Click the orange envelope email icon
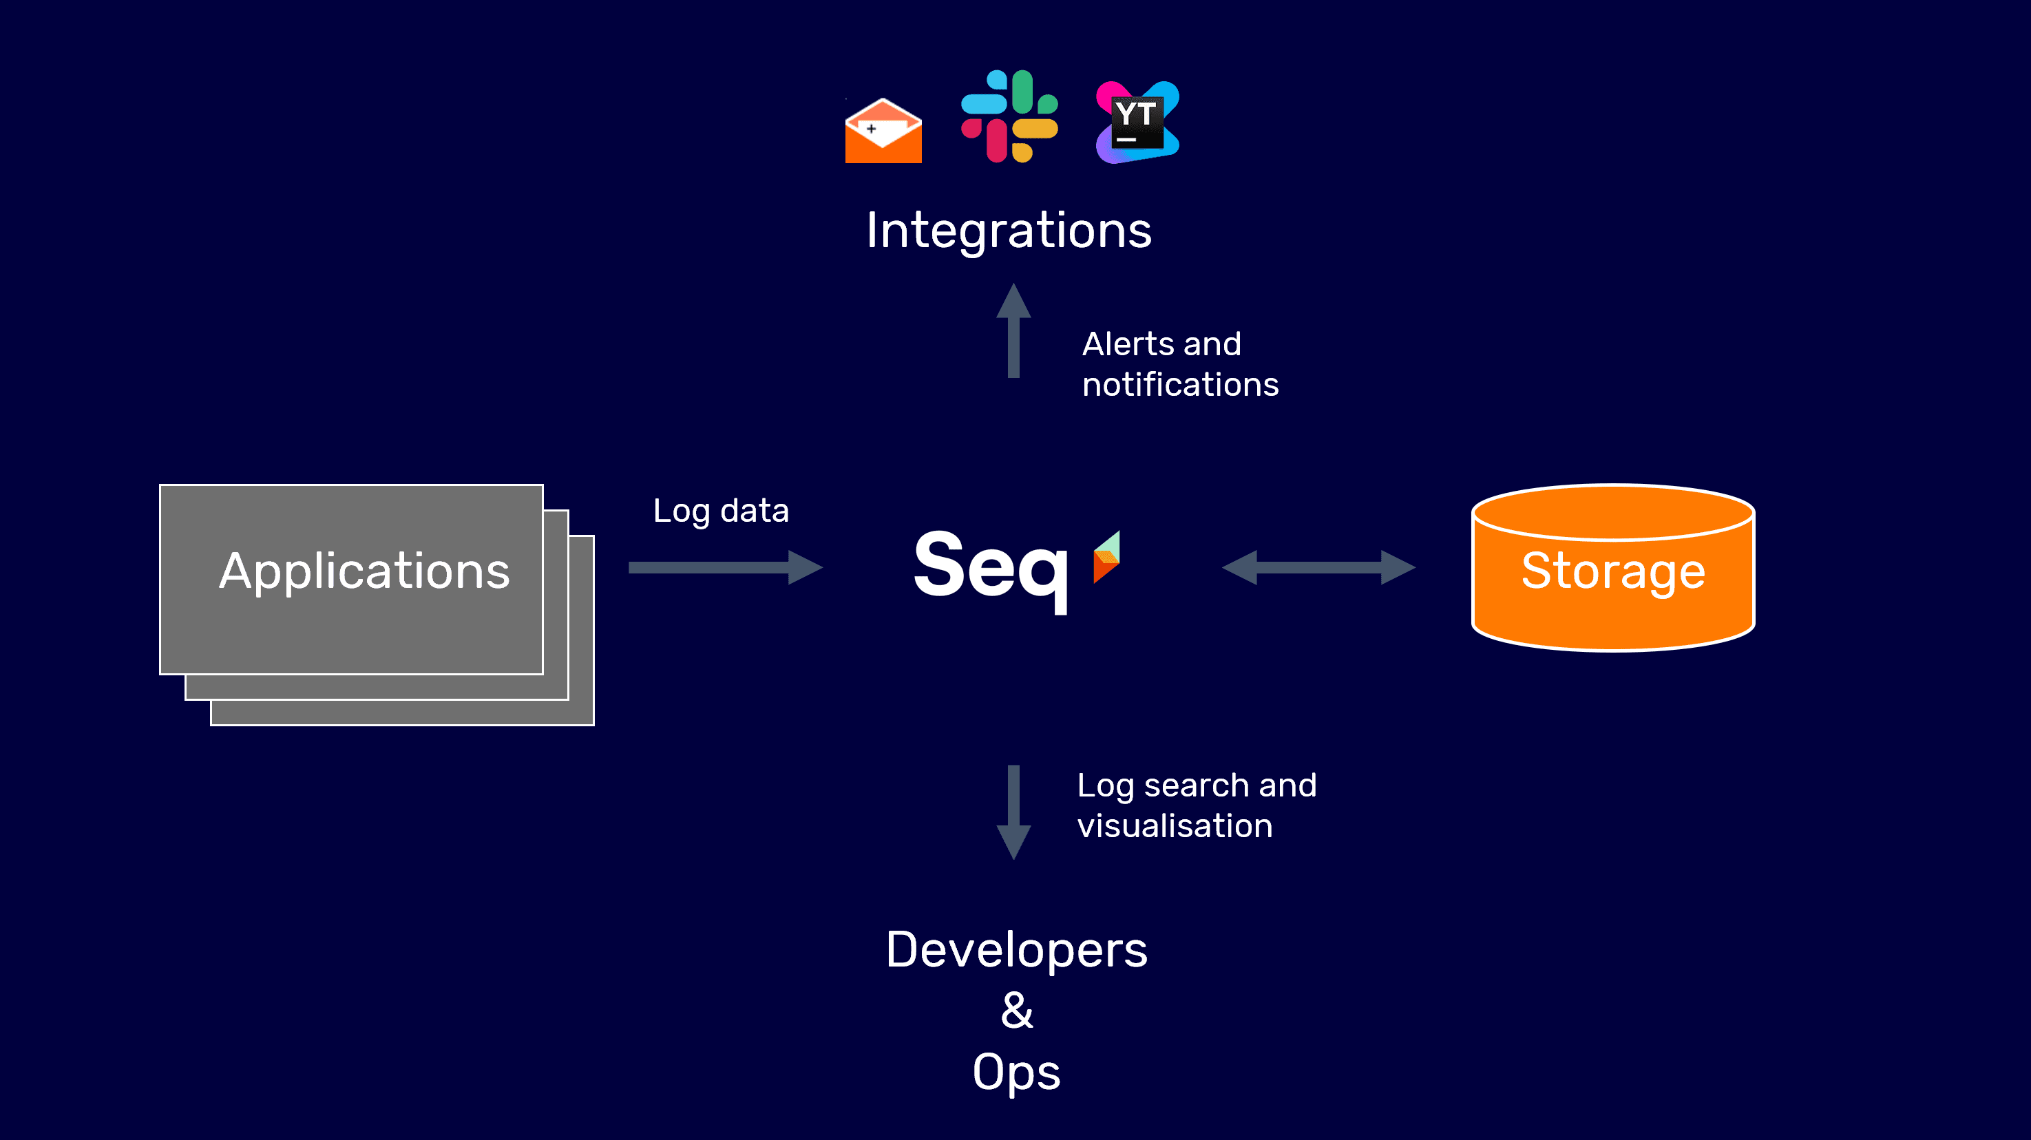click(x=883, y=131)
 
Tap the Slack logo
click(x=1009, y=116)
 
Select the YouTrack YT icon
click(x=1137, y=123)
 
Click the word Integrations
click(x=1009, y=230)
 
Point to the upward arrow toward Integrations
click(x=1013, y=331)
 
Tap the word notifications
click(x=1179, y=385)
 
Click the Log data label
click(x=720, y=511)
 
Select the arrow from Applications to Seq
click(x=726, y=567)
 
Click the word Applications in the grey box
click(x=364, y=571)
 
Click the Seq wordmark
click(x=991, y=567)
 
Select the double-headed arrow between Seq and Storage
click(x=1318, y=567)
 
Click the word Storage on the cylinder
click(x=1612, y=571)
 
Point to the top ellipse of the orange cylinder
click(x=1612, y=512)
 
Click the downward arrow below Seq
click(x=1013, y=812)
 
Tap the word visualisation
click(x=1174, y=826)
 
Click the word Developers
click(x=1015, y=949)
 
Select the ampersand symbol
click(x=1016, y=1011)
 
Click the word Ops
click(x=1015, y=1073)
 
